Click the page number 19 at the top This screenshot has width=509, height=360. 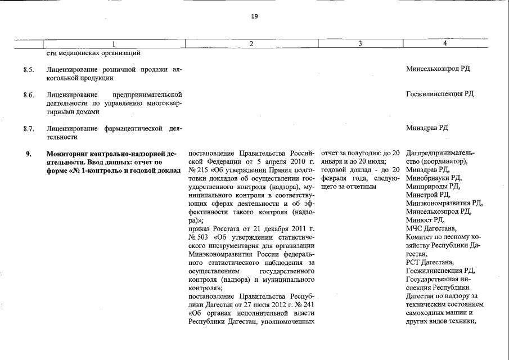point(254,16)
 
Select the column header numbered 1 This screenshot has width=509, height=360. point(114,44)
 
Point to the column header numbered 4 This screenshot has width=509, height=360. point(445,44)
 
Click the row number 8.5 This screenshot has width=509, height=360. point(29,69)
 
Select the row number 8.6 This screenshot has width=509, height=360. point(29,94)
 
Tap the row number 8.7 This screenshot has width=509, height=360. point(29,128)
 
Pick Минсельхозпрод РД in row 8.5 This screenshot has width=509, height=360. point(438,69)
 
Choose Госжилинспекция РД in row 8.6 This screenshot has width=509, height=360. point(439,94)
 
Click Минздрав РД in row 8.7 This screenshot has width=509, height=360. point(427,128)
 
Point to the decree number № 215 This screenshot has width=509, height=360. point(198,170)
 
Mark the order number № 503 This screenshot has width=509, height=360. point(198,237)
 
